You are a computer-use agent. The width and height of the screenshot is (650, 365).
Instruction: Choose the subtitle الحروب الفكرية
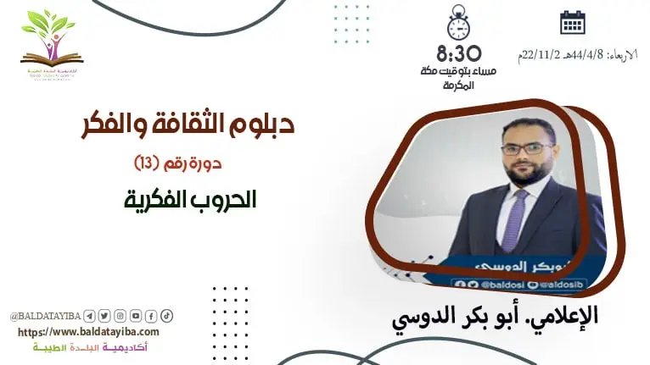[189, 200]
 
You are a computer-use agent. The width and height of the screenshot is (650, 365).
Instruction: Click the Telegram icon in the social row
[90, 316]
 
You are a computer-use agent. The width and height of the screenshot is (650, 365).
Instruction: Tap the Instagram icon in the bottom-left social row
[120, 316]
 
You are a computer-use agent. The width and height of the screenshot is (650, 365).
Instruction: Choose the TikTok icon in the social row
[167, 316]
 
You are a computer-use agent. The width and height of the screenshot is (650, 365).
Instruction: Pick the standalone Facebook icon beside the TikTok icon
[151, 316]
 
